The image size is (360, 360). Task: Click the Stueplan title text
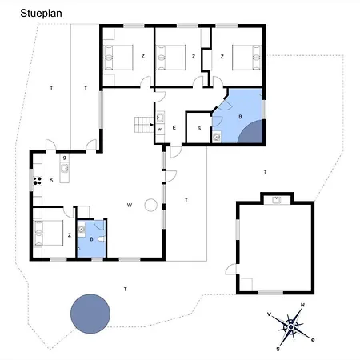(x=41, y=14)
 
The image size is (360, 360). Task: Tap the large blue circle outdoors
(x=90, y=314)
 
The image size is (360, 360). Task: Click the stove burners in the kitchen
(x=38, y=181)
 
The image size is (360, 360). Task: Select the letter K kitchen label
(x=51, y=180)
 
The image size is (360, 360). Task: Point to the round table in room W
(x=151, y=205)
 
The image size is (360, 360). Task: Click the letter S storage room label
(x=199, y=129)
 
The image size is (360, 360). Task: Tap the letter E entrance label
(x=174, y=128)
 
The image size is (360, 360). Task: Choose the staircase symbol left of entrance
(x=144, y=125)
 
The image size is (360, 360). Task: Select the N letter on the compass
(x=302, y=305)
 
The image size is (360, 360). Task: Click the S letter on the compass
(x=278, y=349)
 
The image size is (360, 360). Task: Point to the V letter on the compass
(x=269, y=314)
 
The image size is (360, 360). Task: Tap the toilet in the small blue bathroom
(x=102, y=239)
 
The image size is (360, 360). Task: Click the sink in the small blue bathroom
(x=81, y=229)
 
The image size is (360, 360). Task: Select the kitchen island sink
(x=64, y=169)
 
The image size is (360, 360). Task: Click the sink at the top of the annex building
(x=277, y=200)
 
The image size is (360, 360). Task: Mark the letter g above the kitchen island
(x=64, y=158)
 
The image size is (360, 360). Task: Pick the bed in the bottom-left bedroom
(x=49, y=233)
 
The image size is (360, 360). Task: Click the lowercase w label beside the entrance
(x=159, y=130)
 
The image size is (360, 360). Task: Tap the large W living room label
(x=130, y=205)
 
